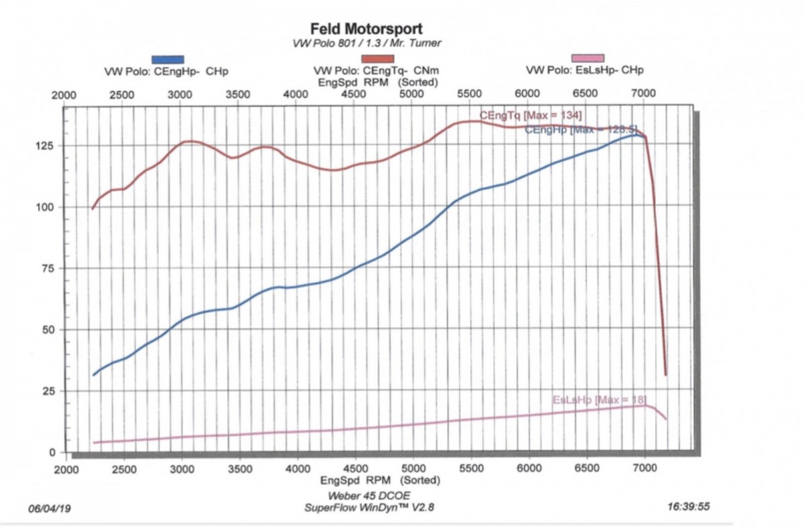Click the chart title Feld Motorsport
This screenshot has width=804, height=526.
point(366,29)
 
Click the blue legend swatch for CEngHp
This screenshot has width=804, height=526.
point(167,60)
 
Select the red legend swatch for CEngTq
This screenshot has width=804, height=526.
point(378,59)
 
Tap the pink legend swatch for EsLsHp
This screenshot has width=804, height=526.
point(588,58)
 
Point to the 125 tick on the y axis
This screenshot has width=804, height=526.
point(44,146)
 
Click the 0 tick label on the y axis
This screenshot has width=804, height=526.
point(52,452)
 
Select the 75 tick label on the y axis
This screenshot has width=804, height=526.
point(48,269)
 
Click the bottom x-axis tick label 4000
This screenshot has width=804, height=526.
point(297,469)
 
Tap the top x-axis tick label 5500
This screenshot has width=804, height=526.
point(469,94)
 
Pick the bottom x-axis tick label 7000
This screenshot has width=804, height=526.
point(645,468)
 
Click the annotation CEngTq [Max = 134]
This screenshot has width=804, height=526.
point(531,116)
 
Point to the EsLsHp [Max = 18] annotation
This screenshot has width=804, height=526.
point(600,399)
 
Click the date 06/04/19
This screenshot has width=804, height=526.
point(50,509)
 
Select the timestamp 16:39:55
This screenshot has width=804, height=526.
point(688,507)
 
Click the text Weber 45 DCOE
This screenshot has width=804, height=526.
point(368,496)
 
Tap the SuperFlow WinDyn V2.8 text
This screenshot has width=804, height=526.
point(369,507)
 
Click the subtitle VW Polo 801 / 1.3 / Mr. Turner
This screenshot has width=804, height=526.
point(366,44)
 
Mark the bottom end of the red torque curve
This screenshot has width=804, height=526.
point(666,375)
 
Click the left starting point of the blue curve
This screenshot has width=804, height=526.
point(94,375)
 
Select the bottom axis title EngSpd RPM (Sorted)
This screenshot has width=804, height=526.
point(380,480)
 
